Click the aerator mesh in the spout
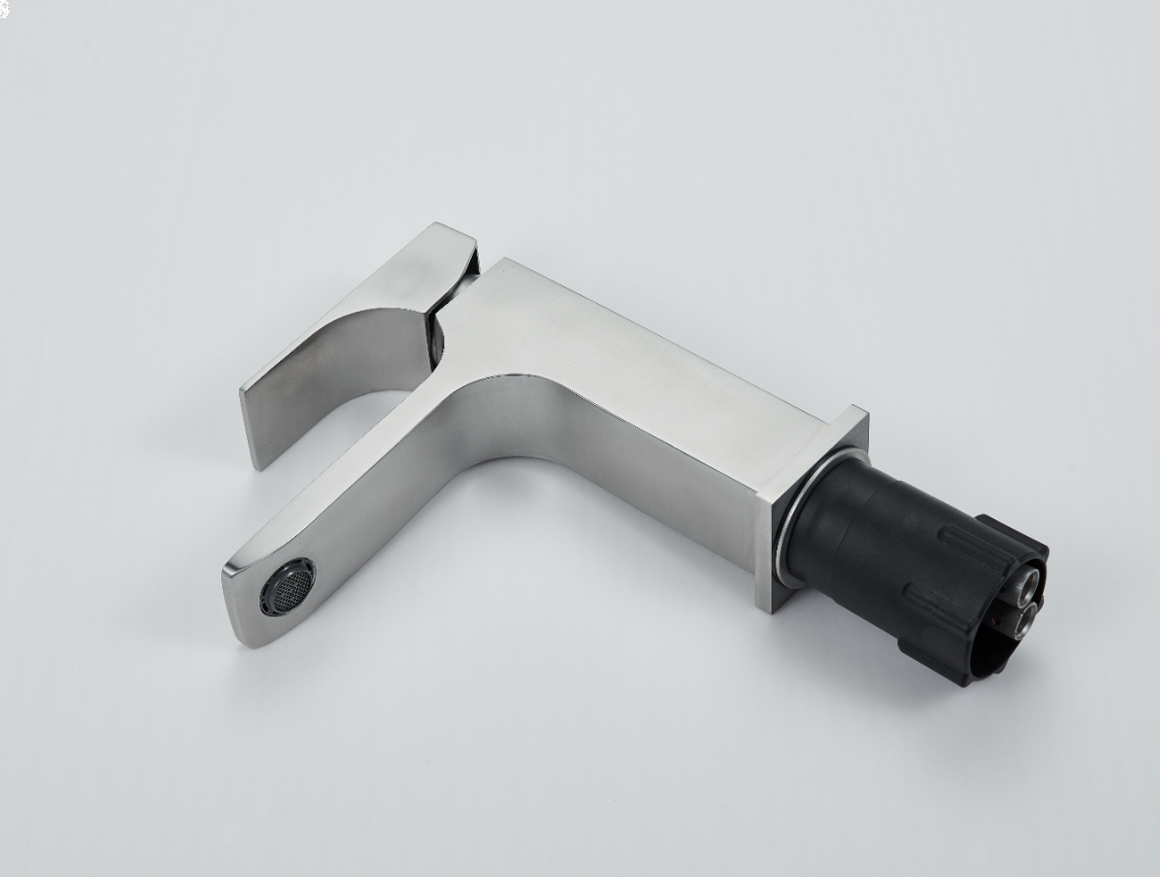[x=287, y=586]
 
